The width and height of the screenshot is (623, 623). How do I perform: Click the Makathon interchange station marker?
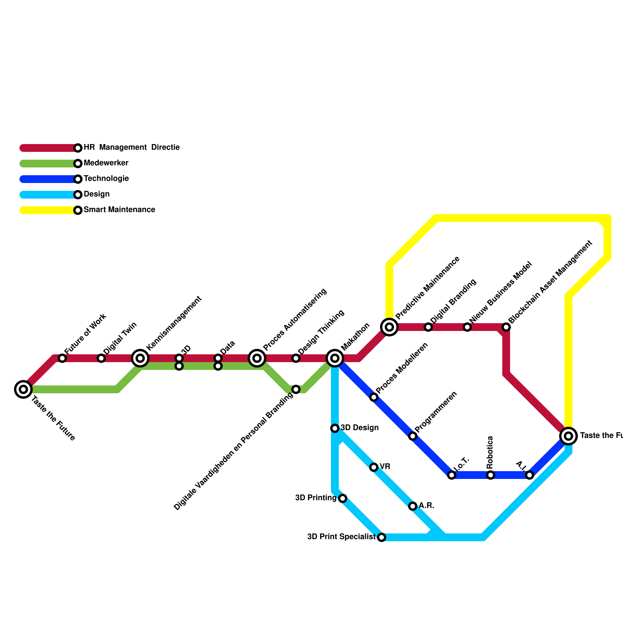(335, 358)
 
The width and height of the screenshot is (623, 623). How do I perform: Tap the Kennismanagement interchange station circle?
(140, 358)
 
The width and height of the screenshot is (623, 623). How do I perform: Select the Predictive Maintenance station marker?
(389, 327)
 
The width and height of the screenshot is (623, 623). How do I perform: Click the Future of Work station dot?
(62, 358)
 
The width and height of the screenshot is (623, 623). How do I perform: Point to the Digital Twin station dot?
(101, 358)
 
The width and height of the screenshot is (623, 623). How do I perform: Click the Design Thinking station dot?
(296, 358)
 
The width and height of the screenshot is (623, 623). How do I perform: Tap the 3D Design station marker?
(335, 428)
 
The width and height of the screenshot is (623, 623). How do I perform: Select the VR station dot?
(374, 467)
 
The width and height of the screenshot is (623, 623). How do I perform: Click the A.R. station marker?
(413, 506)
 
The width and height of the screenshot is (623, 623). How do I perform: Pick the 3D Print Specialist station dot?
(382, 537)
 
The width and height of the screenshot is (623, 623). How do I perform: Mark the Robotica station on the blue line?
(491, 475)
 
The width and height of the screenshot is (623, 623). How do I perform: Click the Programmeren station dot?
(413, 436)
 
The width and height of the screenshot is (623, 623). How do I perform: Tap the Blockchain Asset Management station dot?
(506, 327)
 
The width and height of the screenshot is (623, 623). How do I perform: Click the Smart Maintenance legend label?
(119, 210)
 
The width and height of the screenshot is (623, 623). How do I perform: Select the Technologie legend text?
(106, 179)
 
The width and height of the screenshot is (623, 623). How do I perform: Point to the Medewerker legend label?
(106, 163)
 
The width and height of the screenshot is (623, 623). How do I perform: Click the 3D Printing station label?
(315, 498)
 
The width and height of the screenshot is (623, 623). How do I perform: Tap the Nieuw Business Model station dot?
(467, 327)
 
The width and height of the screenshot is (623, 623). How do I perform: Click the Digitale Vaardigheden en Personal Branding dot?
(296, 389)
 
